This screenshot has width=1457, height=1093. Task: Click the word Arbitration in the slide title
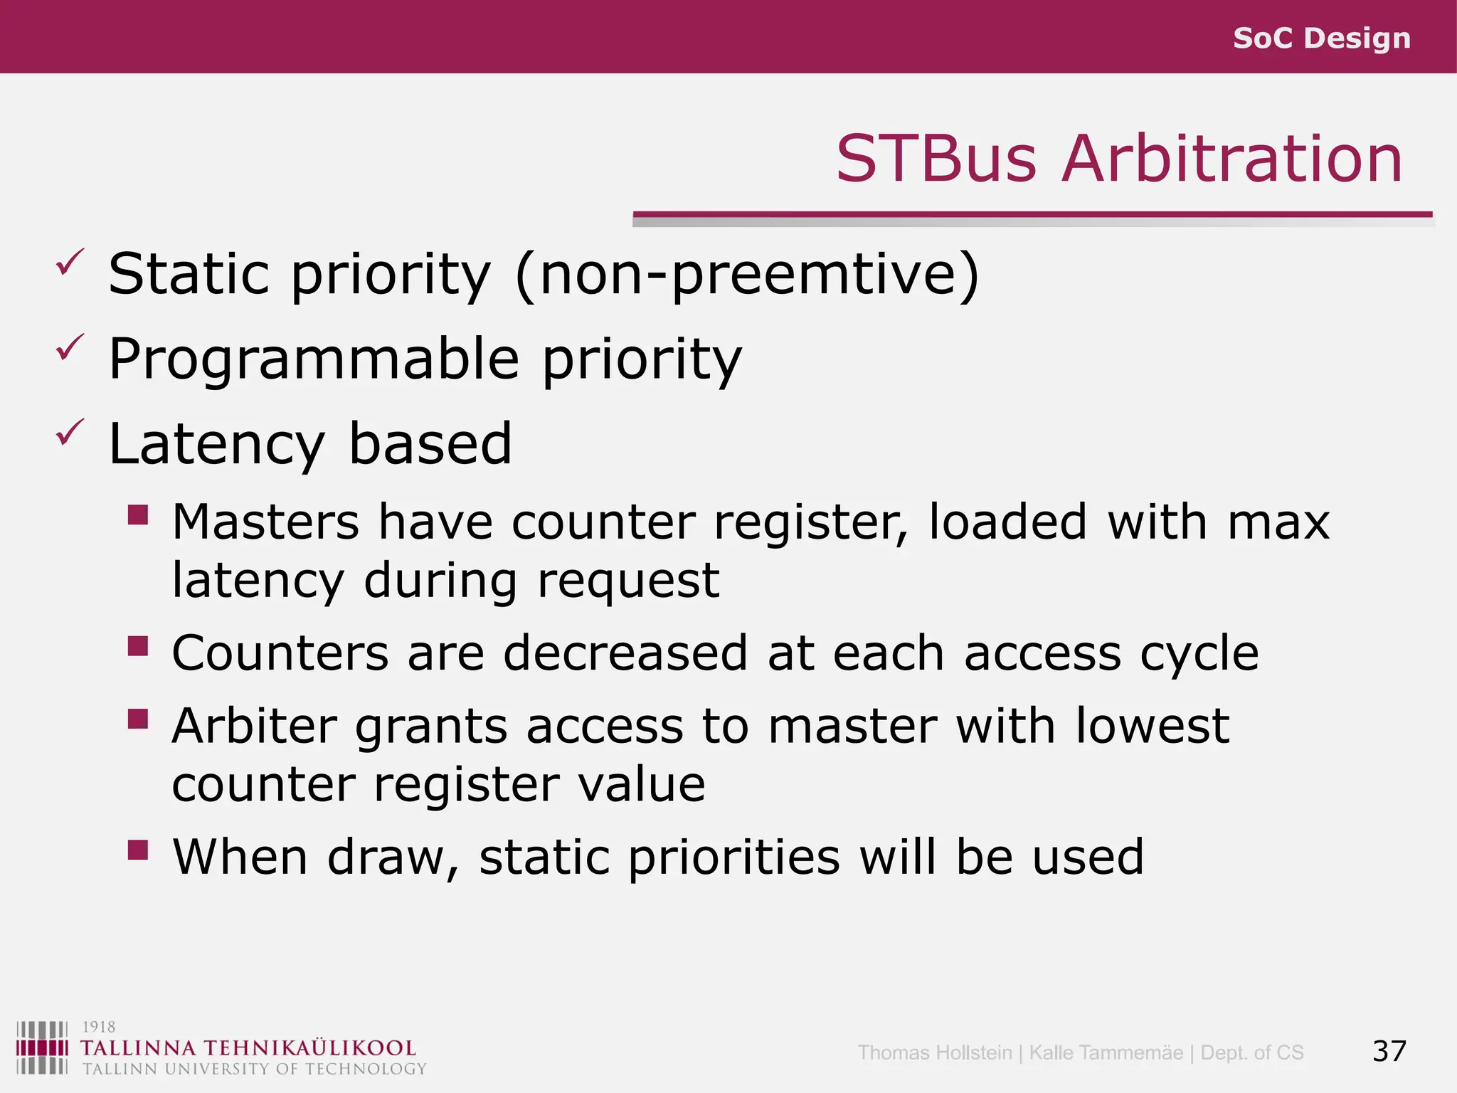click(x=1231, y=159)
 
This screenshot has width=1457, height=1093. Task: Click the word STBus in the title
click(x=936, y=159)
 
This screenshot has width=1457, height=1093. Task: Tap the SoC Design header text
click(x=1321, y=38)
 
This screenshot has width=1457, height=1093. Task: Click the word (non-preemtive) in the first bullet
click(x=747, y=275)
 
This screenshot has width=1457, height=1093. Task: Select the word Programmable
click(x=314, y=359)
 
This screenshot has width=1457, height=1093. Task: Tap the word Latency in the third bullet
click(x=216, y=444)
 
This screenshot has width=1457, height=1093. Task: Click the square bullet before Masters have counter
click(x=138, y=514)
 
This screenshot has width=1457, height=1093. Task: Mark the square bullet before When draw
click(x=138, y=850)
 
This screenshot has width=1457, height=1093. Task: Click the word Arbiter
click(x=254, y=727)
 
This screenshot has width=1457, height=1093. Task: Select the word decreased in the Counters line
click(x=625, y=653)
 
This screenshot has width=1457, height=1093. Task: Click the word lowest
click(x=1152, y=727)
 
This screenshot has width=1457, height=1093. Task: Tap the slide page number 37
click(x=1389, y=1051)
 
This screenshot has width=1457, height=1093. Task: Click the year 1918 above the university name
click(x=99, y=1027)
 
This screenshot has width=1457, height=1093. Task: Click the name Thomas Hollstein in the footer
click(x=934, y=1052)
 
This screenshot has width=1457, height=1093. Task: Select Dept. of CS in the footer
click(x=1251, y=1052)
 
